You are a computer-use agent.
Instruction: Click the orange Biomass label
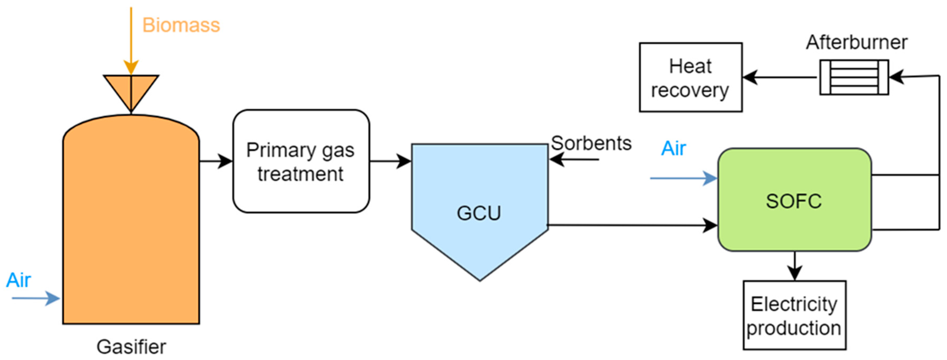(181, 25)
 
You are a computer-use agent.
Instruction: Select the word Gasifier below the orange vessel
(131, 347)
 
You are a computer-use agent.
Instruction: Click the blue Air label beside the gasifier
(18, 280)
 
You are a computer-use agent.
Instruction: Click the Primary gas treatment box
(301, 161)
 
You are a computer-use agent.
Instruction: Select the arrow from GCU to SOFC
(632, 225)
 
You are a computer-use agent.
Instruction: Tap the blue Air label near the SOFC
(673, 149)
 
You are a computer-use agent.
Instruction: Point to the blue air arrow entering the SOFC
(684, 178)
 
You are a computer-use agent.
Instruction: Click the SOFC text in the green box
(794, 201)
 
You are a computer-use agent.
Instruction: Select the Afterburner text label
(857, 43)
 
